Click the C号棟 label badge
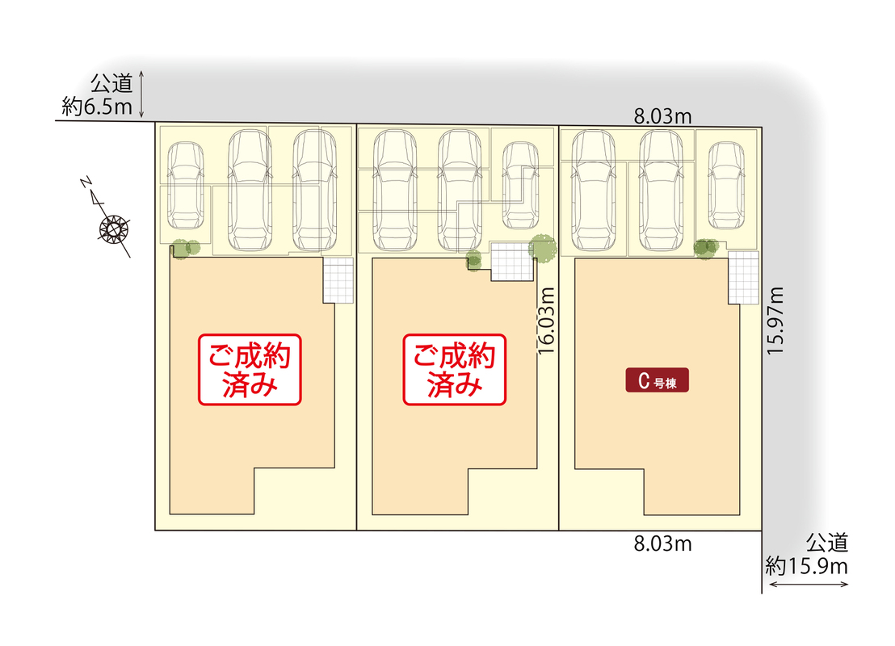[x=658, y=381]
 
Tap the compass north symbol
[x=114, y=229]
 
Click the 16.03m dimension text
[x=547, y=321]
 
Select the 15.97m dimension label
[x=776, y=321]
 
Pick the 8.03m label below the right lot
[x=662, y=543]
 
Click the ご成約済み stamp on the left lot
[x=250, y=369]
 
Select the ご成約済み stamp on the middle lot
[x=455, y=369]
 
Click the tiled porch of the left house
[x=338, y=280]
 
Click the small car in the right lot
[x=725, y=186]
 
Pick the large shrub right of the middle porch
[x=542, y=248]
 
